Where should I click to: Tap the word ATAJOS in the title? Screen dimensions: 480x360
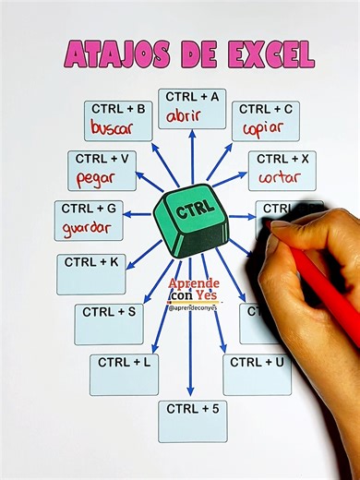click(x=118, y=54)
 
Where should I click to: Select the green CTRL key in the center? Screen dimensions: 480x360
click(x=192, y=220)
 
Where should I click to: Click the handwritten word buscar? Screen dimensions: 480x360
click(x=112, y=126)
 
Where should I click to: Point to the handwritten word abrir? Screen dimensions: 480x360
click(x=192, y=115)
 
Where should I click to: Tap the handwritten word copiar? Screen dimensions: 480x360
click(x=263, y=127)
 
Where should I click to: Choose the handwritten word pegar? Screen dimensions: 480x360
click(x=96, y=177)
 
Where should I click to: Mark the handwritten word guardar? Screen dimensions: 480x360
click(x=87, y=227)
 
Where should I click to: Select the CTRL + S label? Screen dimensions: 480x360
click(x=109, y=312)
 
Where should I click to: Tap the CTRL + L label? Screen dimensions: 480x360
click(x=124, y=362)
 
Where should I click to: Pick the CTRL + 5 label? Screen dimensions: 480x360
click(x=192, y=408)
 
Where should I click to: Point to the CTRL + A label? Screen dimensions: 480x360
click(x=192, y=96)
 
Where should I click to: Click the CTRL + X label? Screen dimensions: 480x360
click(x=282, y=159)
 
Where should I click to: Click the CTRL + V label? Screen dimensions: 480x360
click(x=102, y=159)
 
